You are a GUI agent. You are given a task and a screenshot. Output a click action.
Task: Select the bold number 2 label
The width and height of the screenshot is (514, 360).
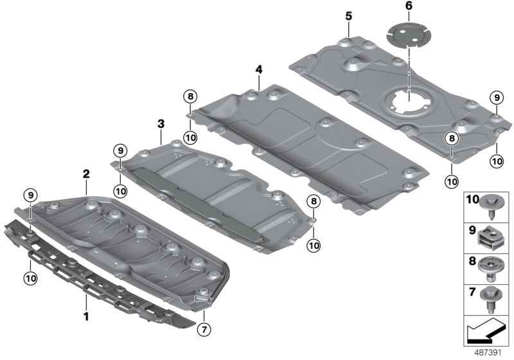(85, 174)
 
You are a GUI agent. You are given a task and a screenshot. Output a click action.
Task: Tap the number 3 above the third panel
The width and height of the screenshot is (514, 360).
(161, 122)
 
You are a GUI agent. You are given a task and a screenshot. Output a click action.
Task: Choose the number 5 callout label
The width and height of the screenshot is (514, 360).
(348, 14)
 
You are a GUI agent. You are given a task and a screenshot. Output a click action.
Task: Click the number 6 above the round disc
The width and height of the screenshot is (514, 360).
(408, 6)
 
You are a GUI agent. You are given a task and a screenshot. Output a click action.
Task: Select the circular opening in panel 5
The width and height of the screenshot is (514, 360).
(406, 102)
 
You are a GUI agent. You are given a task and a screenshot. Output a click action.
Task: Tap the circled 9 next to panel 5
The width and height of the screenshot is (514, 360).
(495, 98)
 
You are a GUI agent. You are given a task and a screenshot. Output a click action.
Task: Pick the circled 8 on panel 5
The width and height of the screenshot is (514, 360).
(452, 138)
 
